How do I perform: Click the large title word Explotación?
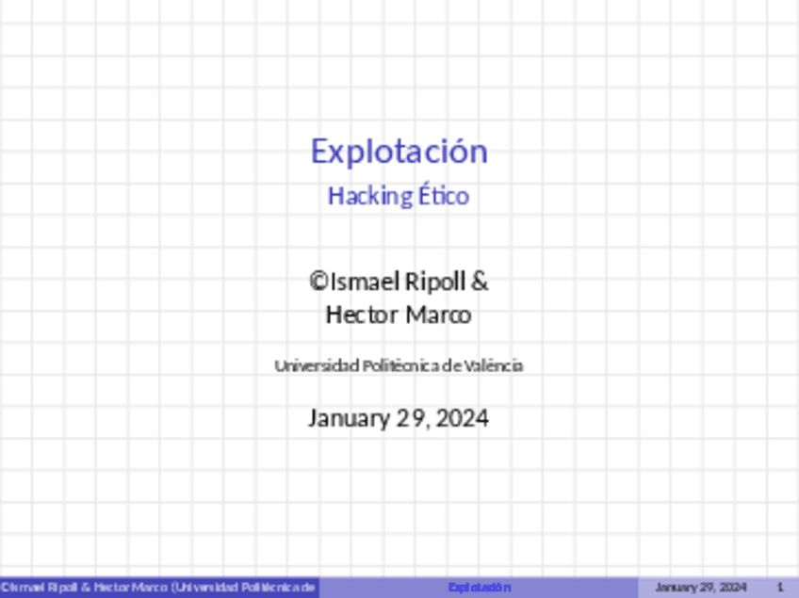coord(399,151)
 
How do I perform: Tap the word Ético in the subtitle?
coord(445,196)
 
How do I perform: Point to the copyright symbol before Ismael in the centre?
coord(318,281)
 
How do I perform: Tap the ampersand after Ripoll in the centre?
coord(480,281)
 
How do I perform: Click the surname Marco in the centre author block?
coord(438,314)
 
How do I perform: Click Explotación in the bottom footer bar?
coord(480,588)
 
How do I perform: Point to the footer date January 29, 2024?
coord(700,588)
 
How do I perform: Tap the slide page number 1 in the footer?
coord(780,588)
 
